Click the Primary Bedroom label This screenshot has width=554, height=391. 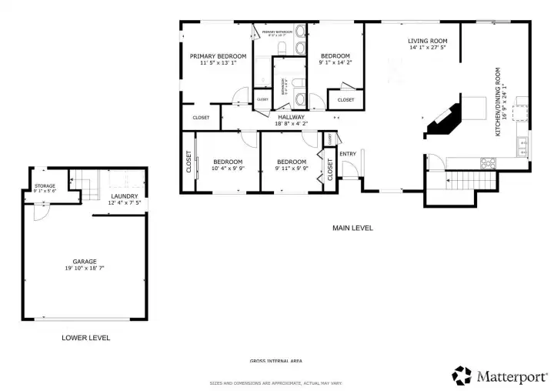pos(218,56)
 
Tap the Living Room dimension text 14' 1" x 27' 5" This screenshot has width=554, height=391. pos(428,48)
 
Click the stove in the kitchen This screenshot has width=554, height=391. pos(489,162)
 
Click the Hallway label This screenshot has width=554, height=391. pos(292,116)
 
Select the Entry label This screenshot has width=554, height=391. pos(348,153)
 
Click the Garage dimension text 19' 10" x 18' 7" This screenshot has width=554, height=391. pos(85,269)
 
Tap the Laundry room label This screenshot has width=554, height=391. pos(124,196)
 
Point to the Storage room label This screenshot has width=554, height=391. pos(45,186)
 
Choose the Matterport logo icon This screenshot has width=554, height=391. pos(462,375)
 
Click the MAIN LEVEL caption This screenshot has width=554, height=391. pos(352,228)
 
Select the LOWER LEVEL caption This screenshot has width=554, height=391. pos(85,338)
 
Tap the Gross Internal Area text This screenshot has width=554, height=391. pos(275,361)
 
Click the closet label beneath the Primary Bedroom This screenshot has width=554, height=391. pos(201,118)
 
